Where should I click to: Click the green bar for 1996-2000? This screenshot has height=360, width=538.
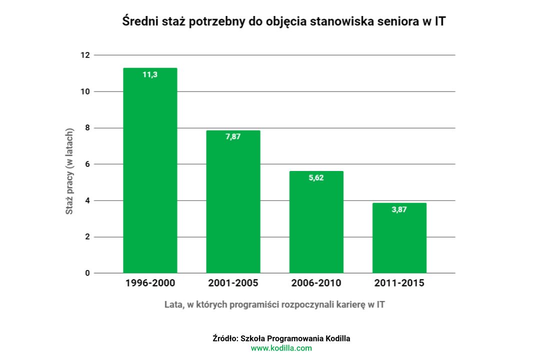coord(150,170)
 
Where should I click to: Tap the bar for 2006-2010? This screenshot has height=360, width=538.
coord(316,222)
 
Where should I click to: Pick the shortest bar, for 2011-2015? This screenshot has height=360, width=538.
coord(399,238)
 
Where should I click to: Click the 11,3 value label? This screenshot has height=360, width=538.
coord(150,75)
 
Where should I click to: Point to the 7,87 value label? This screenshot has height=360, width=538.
coord(233,137)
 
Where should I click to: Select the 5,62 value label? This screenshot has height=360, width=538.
coord(316,177)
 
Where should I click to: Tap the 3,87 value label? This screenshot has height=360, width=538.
coord(399,209)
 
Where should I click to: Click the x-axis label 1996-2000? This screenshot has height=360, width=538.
coord(150,283)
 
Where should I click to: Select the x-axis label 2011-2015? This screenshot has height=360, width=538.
coord(399,283)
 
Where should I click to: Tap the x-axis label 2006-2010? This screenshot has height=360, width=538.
coord(316,283)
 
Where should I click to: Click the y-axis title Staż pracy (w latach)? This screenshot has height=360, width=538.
coord(70,171)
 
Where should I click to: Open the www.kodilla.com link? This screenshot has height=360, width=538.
coord(281,348)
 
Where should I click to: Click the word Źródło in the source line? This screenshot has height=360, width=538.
coord(224,338)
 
